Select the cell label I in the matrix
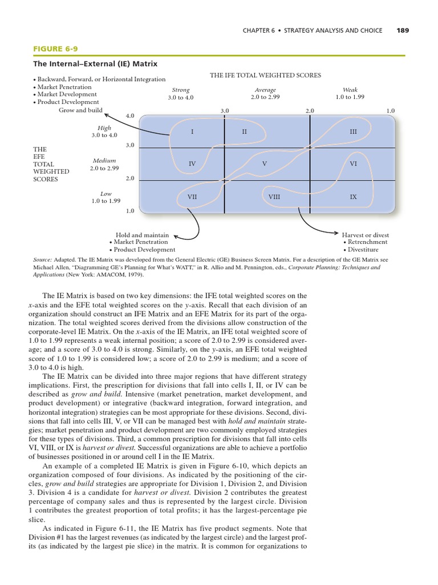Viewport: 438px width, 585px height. (192, 132)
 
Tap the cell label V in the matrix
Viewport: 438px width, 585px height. (265, 164)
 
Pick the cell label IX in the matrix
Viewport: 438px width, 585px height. (353, 197)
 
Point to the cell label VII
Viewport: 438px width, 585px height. (192, 197)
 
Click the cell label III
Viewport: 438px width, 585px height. (353, 132)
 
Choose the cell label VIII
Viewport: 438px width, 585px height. (274, 197)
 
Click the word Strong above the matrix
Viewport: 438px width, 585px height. (181, 90)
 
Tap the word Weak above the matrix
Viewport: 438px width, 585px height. (350, 90)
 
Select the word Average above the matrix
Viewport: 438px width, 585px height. (265, 90)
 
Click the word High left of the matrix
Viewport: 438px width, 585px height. (104, 129)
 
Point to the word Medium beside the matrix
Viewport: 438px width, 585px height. (104, 161)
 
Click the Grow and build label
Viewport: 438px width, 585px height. (80, 110)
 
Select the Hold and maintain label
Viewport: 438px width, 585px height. (142, 235)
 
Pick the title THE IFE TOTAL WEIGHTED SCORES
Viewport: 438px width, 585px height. (265, 75)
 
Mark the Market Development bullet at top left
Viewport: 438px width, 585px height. (67, 94)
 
